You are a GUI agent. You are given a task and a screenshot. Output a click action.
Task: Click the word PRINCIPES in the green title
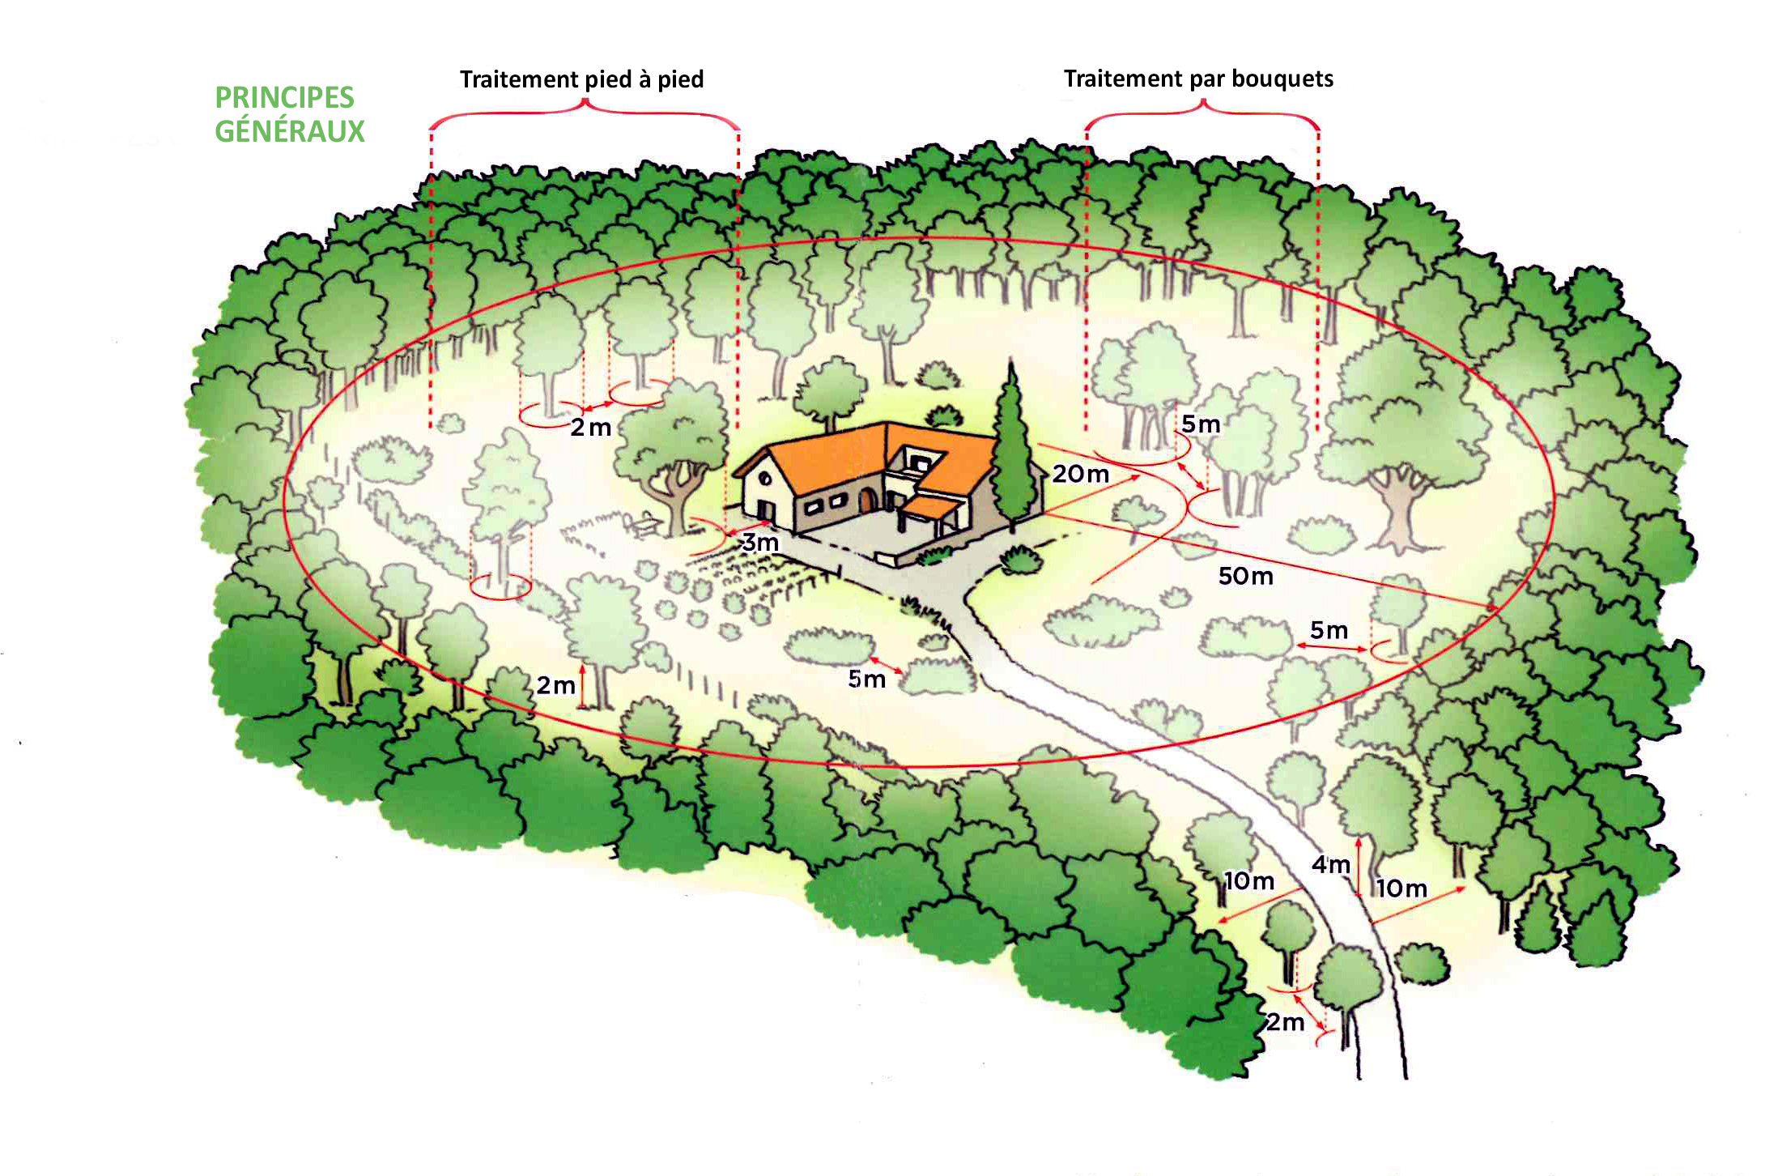tap(284, 98)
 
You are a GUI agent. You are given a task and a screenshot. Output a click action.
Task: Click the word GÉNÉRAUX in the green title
tap(290, 131)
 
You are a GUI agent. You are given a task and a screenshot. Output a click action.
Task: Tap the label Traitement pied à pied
tap(581, 79)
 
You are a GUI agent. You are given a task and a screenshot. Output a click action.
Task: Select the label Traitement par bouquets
tap(1198, 79)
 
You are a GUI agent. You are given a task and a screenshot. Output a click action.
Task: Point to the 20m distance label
tap(1080, 474)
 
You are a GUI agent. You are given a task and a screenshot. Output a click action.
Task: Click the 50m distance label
tap(1245, 577)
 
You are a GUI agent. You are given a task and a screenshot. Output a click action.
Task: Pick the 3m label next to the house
tap(760, 543)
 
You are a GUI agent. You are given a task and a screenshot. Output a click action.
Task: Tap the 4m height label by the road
tap(1330, 865)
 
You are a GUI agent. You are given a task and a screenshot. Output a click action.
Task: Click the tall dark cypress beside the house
tap(1012, 454)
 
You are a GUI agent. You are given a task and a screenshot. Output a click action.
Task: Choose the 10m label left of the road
tap(1248, 881)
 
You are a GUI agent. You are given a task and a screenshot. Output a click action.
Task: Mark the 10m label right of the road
tap(1402, 888)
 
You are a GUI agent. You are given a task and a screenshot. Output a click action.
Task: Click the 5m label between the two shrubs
tap(866, 680)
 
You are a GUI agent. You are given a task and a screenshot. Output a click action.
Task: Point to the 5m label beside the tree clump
tap(1201, 424)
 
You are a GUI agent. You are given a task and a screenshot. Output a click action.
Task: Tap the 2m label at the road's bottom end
tap(1286, 1023)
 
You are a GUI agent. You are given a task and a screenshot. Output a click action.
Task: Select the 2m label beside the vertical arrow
tap(555, 686)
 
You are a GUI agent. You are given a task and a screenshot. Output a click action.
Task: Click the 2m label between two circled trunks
tap(590, 428)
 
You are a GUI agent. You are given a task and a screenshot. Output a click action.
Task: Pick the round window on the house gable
tap(763, 479)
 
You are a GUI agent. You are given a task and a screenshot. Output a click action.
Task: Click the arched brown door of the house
tap(867, 501)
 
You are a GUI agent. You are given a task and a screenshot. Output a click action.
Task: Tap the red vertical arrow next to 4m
tap(1359, 867)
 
